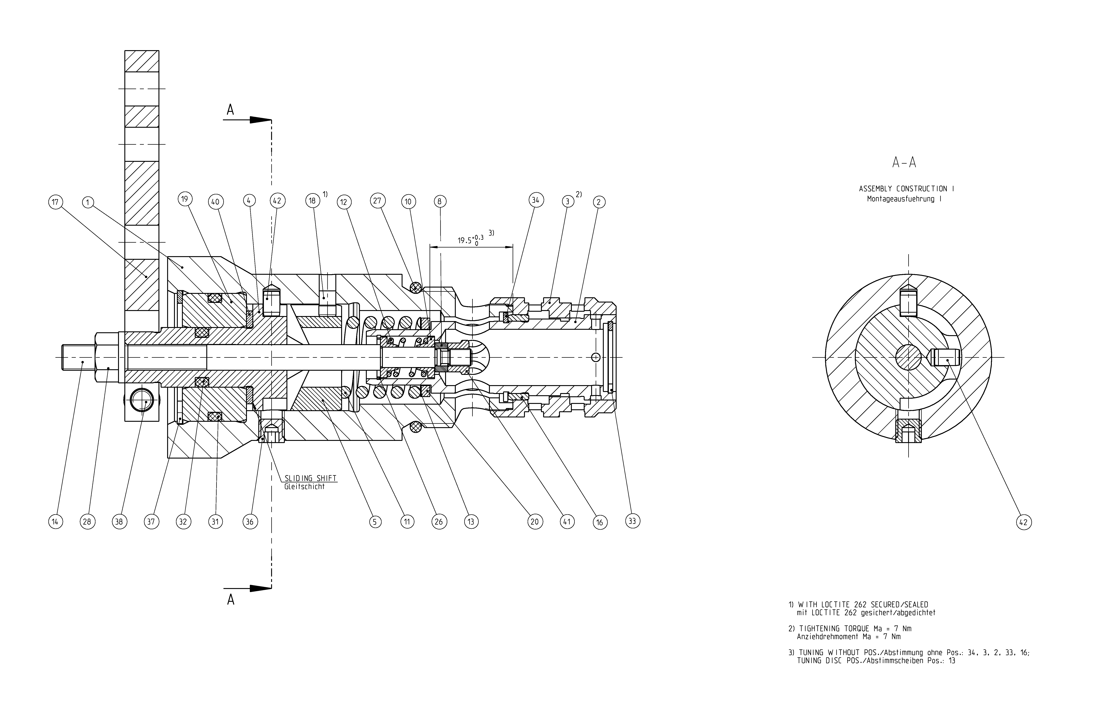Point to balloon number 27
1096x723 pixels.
[x=377, y=201]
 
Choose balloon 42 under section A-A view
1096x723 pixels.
[x=1024, y=522]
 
